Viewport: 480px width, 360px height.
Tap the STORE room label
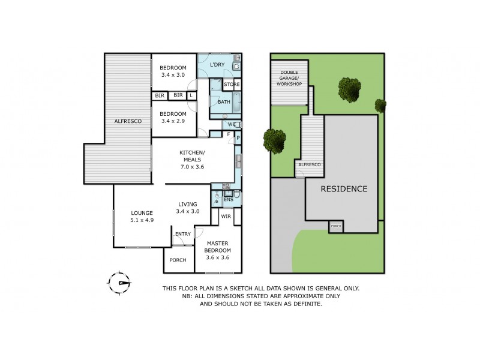coord(232,85)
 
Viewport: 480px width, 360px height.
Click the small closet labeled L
coord(191,95)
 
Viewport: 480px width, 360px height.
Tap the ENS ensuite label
coord(228,199)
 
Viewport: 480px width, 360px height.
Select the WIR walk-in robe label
coord(226,215)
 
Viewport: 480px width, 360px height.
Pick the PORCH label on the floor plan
coord(178,260)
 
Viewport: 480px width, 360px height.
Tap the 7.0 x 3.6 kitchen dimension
coord(192,167)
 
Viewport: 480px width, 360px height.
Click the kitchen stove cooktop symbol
coord(226,186)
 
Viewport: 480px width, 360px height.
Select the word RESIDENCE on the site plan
coord(344,188)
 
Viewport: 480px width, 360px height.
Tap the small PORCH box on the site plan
coord(335,227)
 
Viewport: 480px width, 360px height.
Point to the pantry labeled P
coord(238,138)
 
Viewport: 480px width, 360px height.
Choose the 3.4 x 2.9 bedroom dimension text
coord(173,121)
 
